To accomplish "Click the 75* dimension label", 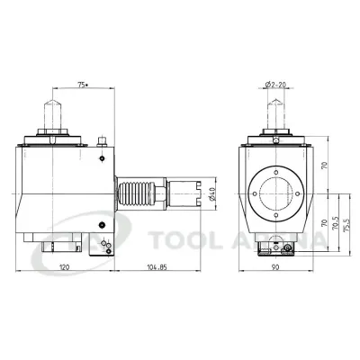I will (x=84, y=84).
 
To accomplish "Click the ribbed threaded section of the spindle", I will (x=135, y=191).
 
